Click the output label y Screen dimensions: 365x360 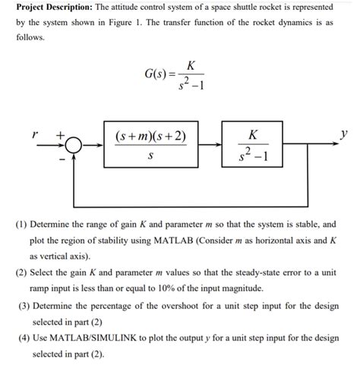345,133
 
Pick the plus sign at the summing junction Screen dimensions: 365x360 59,134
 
